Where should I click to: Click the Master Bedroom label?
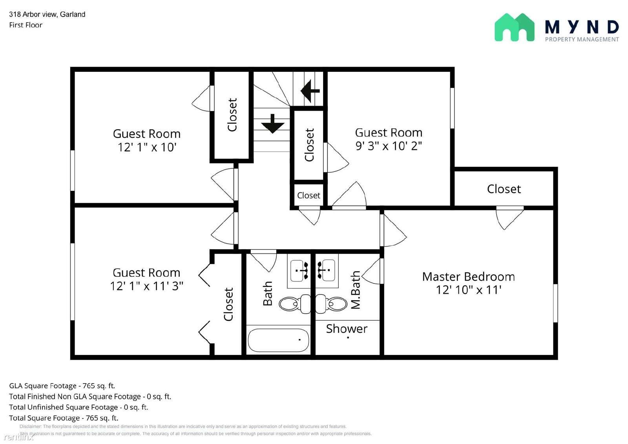469,277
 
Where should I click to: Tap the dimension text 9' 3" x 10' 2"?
389,146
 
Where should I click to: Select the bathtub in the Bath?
278,340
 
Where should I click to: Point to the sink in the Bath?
299,270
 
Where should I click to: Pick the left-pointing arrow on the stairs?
310,91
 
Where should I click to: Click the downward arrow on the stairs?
272,124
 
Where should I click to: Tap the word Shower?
347,329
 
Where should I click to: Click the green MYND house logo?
515,27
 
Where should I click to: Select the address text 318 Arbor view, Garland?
47,14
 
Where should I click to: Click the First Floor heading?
26,25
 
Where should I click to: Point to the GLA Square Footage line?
62,386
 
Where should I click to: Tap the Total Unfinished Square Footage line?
78,407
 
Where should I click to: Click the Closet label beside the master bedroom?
504,189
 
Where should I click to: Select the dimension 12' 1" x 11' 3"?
146,286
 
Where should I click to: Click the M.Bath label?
356,290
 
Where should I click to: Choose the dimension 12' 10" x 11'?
469,290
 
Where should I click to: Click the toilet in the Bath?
295,304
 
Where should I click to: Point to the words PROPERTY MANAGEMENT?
582,40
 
